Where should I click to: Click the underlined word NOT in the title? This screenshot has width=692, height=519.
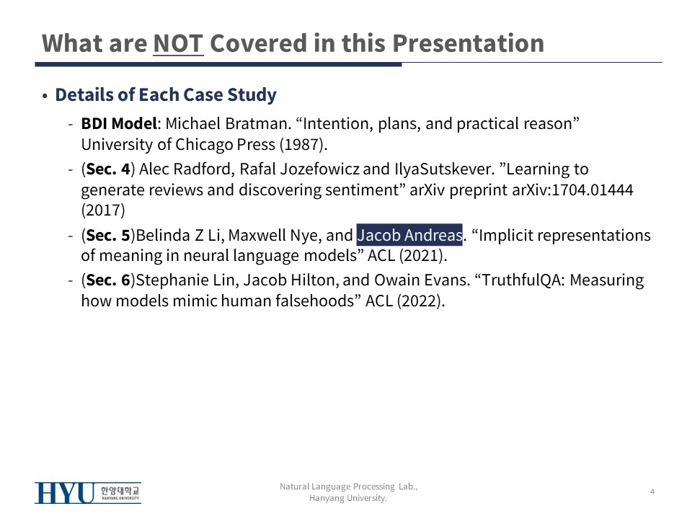[178, 43]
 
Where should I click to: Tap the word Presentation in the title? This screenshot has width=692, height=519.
[468, 43]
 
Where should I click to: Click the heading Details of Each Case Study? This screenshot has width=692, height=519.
[166, 95]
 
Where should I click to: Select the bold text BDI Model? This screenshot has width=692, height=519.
[119, 123]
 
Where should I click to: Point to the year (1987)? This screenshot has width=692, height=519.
[303, 144]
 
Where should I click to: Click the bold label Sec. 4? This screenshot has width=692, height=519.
[108, 169]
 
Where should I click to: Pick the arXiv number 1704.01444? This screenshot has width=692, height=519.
[593, 190]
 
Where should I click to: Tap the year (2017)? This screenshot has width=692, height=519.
[103, 210]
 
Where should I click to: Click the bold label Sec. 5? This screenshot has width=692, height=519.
[108, 235]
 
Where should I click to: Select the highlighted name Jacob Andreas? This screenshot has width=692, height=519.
[409, 235]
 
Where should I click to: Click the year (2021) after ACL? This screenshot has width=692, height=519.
[423, 255]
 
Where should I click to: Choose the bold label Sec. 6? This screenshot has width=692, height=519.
[108, 280]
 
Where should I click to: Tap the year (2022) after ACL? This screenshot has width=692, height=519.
[420, 301]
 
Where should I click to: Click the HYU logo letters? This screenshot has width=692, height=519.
[64, 493]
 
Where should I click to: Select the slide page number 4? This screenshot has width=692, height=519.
[652, 492]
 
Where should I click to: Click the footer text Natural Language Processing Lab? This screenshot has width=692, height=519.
[349, 487]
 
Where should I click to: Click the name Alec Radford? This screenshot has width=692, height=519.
[187, 169]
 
